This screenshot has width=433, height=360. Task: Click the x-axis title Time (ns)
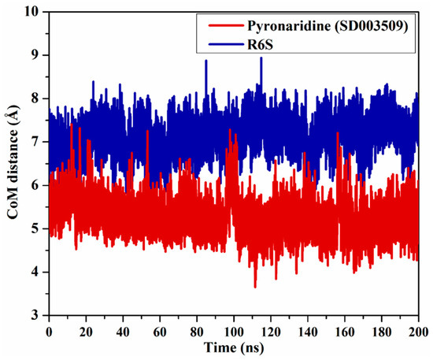click(x=233, y=347)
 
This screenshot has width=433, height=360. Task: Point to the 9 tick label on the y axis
click(x=35, y=56)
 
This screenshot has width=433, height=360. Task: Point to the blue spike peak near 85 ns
click(x=206, y=61)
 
